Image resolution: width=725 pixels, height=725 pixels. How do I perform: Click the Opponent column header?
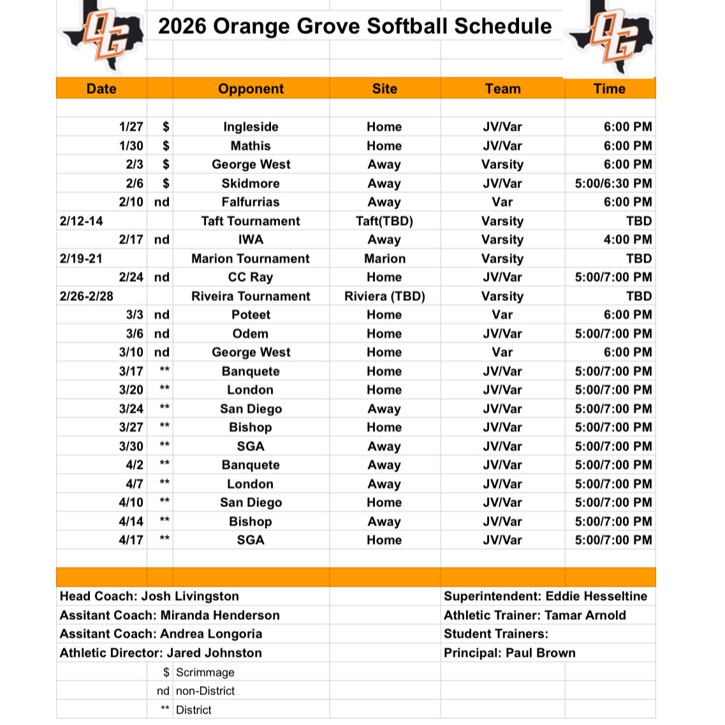[251, 89]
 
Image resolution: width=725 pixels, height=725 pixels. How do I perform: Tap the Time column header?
[609, 89]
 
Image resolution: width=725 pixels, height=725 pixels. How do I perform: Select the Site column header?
[384, 89]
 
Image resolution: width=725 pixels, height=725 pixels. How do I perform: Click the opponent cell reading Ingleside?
[251, 127]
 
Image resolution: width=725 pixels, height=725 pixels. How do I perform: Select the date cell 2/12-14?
[82, 221]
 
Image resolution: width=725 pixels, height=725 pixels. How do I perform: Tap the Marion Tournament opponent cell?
[251, 259]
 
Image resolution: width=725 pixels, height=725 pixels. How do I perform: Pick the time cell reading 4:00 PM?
[627, 240]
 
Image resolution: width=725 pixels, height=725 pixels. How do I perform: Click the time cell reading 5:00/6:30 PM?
[613, 184]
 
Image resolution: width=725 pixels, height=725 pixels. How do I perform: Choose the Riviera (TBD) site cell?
[384, 297]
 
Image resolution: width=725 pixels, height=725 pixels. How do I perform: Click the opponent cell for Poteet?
[251, 315]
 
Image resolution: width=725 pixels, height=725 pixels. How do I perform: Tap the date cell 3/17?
[131, 371]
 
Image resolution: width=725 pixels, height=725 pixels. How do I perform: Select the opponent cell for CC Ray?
[251, 277]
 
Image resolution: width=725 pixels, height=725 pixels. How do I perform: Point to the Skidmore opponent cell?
[251, 184]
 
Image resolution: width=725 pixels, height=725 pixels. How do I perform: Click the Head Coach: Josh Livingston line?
[149, 597]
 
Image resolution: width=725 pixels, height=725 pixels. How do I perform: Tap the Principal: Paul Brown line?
[509, 653]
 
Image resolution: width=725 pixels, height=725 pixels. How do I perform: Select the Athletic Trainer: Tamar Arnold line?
[534, 615]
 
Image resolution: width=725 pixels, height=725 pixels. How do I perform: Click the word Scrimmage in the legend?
[205, 672]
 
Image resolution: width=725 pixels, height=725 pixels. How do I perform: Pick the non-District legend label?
[205, 691]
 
